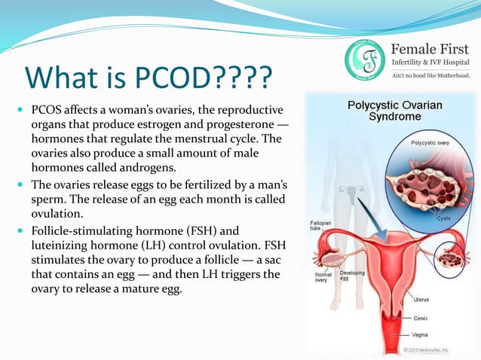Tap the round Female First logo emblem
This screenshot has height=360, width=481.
pyautogui.click(x=366, y=58)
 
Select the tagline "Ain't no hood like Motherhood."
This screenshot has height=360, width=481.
pyautogui.click(x=430, y=75)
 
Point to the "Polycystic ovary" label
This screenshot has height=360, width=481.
pyautogui.click(x=431, y=142)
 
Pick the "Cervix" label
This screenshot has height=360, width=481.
pyautogui.click(x=421, y=318)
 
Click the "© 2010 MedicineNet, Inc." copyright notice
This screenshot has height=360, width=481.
pyautogui.click(x=437, y=349)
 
